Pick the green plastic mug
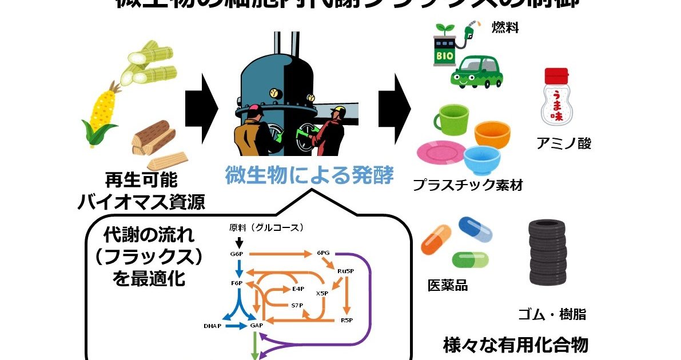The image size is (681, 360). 452,118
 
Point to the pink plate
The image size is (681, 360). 441,153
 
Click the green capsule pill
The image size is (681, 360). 471,259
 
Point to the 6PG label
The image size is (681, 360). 323,252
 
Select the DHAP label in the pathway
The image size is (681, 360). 213,326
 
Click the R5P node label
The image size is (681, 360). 347,319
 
